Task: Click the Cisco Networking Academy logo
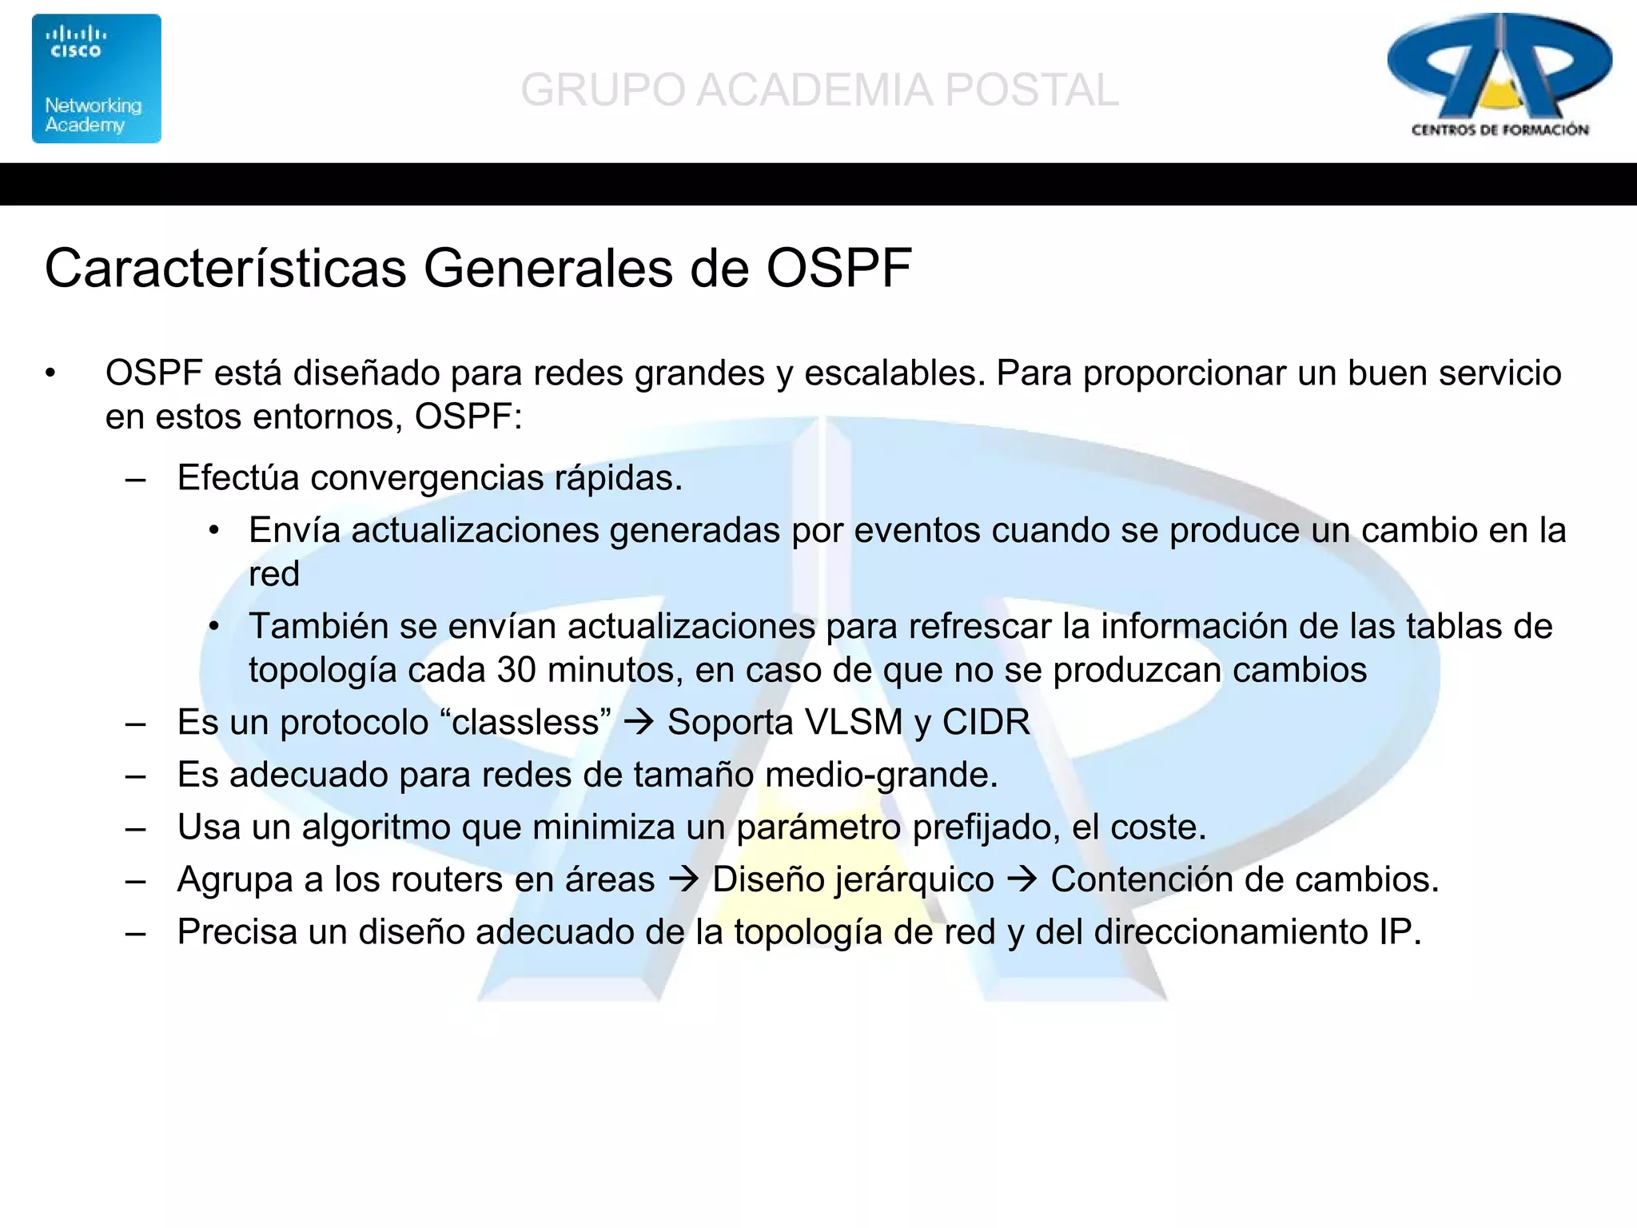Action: (96, 78)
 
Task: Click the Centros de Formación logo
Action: (1499, 76)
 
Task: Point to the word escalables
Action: (894, 373)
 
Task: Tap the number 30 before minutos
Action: (516, 670)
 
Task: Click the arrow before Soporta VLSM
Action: (639, 723)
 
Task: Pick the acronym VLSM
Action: (854, 723)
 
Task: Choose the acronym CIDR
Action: (986, 723)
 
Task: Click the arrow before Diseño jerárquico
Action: (683, 880)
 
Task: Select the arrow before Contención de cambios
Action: (1022, 880)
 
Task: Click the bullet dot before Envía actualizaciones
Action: (213, 532)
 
